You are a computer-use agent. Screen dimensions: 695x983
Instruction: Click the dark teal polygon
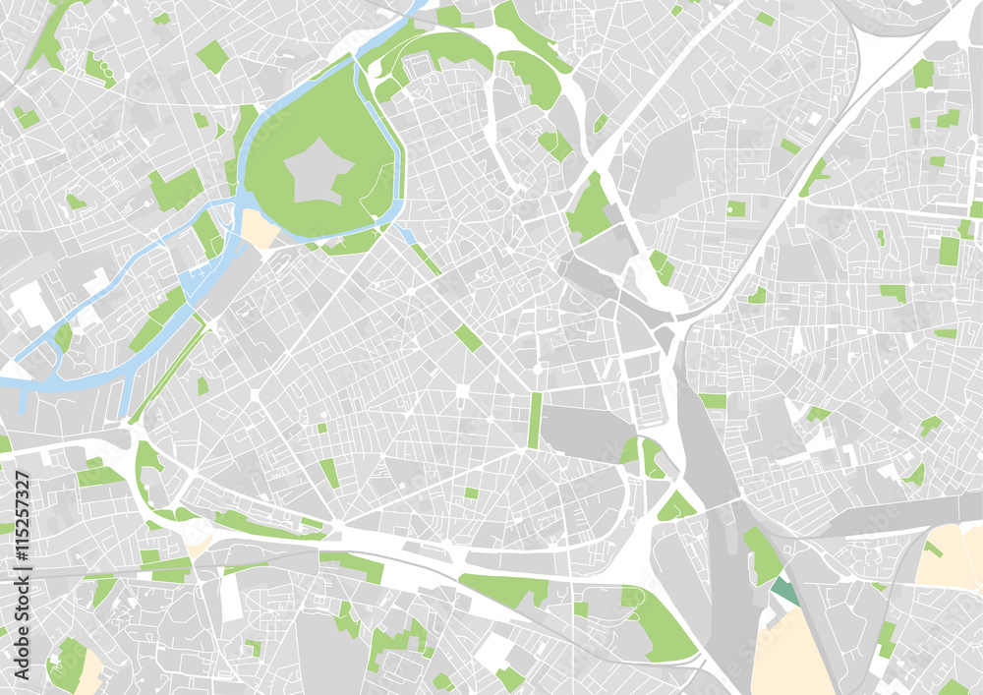click(784, 592)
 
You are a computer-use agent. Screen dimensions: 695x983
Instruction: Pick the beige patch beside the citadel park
click(260, 229)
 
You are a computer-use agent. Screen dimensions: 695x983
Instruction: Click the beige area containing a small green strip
click(949, 556)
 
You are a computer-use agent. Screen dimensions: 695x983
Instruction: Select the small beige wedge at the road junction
click(201, 543)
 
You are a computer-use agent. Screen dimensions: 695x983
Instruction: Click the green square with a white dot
click(736, 208)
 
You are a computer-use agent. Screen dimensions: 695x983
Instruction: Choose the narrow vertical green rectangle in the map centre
click(535, 420)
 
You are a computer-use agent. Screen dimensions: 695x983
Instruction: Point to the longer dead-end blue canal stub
click(126, 393)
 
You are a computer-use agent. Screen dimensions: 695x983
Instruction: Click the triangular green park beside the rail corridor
click(676, 507)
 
